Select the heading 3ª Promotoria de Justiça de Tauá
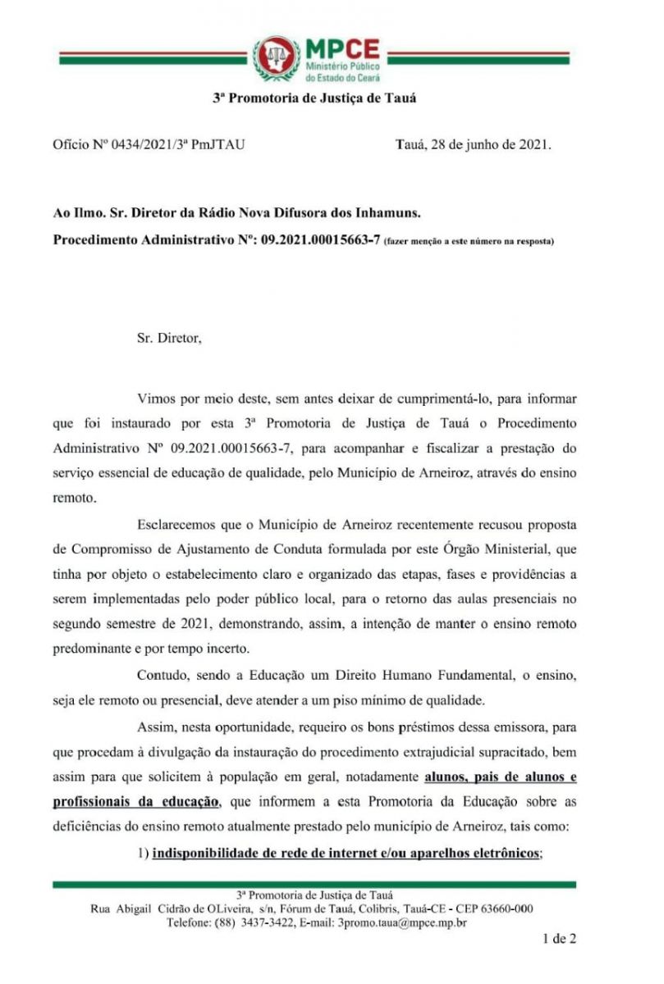315,98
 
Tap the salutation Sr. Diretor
168,337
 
